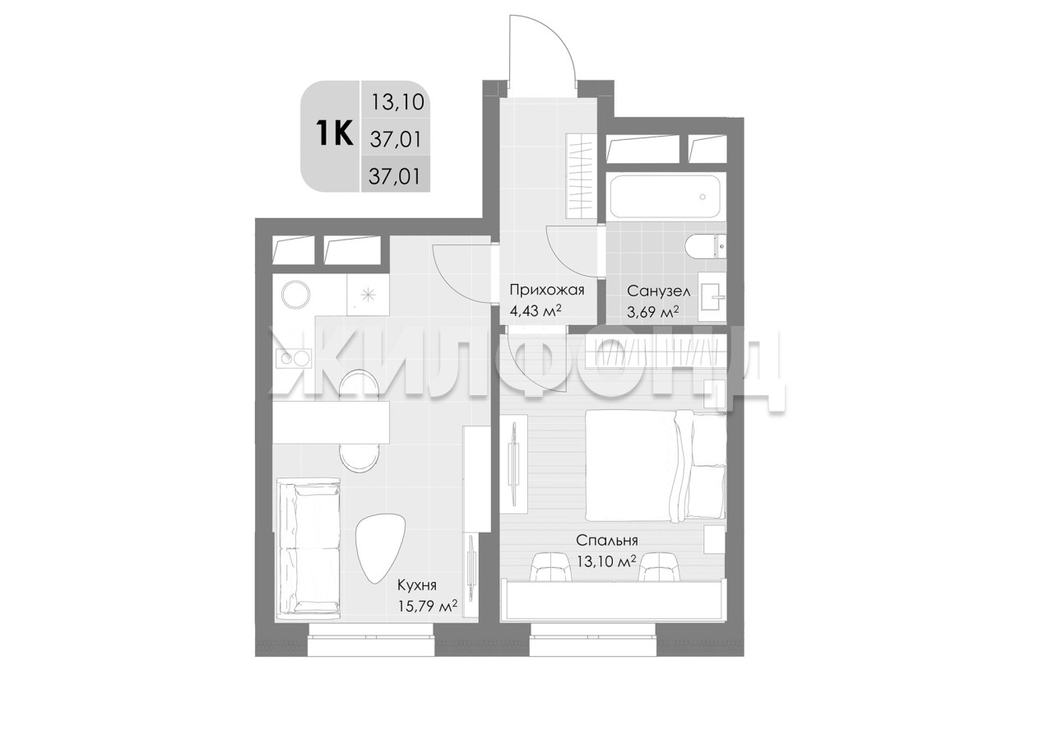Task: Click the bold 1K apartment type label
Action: point(335,133)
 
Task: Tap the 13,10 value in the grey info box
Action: point(397,102)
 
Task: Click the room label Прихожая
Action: point(547,290)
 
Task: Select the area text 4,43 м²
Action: point(536,311)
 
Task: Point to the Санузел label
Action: point(659,291)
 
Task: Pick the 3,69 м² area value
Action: point(653,312)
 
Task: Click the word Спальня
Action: point(607,541)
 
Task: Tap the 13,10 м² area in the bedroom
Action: point(606,561)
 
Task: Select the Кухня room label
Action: point(417,585)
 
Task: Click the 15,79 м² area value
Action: point(428,606)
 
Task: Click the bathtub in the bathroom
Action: point(666,196)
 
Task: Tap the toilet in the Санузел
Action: point(705,246)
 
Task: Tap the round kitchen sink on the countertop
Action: point(295,295)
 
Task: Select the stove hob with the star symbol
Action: point(368,295)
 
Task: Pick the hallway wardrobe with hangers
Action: point(581,176)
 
